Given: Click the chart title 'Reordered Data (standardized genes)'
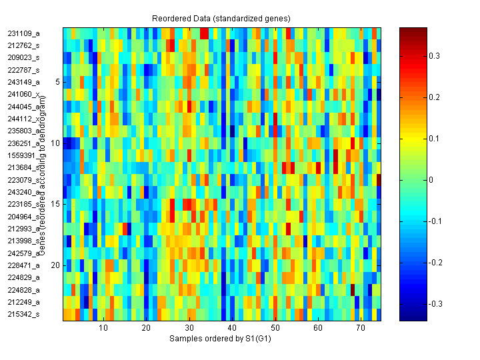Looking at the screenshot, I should coord(221,17).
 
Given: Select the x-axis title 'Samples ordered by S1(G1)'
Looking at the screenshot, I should coord(220,339).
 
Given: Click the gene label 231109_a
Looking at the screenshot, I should coord(23,33).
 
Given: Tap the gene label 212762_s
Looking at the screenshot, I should coord(23,45).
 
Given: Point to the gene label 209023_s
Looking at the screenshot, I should coord(23,57).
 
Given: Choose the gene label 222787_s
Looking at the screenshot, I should coord(23,69).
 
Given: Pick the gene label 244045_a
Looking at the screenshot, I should coord(23,107).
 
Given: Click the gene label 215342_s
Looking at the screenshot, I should coord(23,314).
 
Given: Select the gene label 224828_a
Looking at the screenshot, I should coord(23,290).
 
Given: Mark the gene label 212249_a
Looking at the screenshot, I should coord(23,302).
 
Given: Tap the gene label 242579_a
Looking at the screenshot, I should coord(23,253).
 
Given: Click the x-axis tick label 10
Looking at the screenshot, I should coord(103,329).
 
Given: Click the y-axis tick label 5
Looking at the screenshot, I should coord(57,82).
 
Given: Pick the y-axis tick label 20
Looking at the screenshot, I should coord(55,265).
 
